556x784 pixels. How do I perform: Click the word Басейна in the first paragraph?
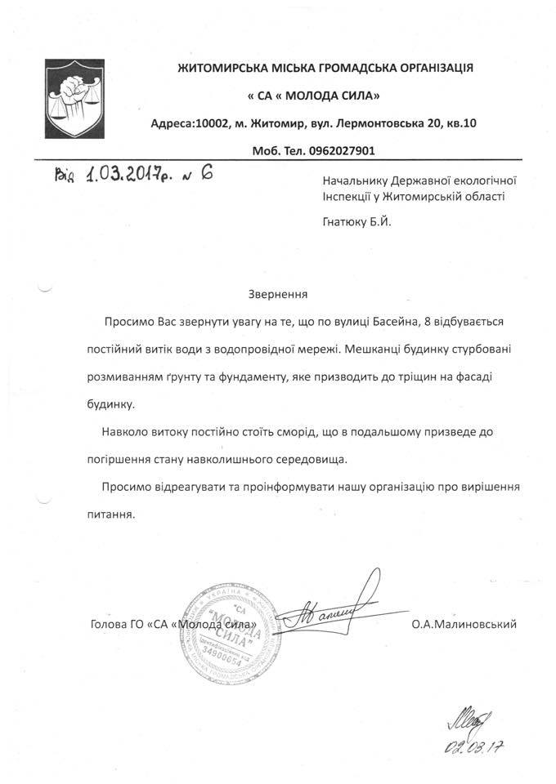[377, 324]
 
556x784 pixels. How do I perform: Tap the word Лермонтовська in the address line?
[369, 123]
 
